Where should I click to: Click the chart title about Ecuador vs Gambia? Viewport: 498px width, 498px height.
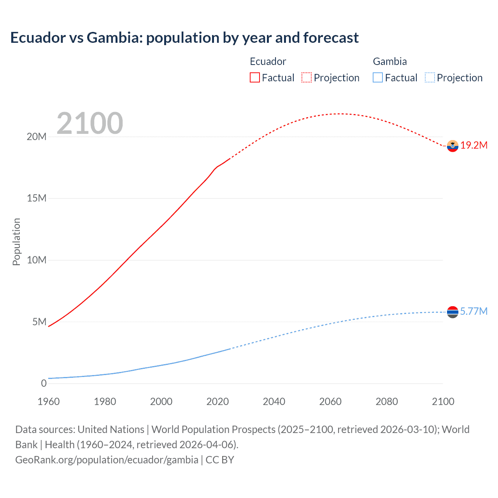point(184,38)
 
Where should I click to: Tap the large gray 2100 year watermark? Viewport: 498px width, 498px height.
point(90,123)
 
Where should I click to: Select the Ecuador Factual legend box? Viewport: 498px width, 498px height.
point(254,77)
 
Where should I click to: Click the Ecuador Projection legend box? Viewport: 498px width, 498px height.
point(307,77)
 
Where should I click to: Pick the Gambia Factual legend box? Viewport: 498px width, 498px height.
point(378,77)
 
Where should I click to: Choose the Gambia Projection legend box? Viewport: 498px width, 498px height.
point(430,77)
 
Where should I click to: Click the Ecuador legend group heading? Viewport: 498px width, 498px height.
point(268,61)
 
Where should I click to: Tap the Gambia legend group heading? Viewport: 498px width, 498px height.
point(390,61)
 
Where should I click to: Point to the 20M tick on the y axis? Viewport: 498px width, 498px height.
point(37,137)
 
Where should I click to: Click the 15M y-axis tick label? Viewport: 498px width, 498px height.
point(37,198)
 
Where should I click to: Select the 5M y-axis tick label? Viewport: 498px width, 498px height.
point(39,322)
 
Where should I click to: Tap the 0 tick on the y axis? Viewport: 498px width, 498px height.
point(44,383)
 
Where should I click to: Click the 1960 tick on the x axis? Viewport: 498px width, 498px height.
point(49,402)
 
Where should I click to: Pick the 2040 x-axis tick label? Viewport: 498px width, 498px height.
point(274,402)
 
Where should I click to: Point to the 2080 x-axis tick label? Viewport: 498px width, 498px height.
point(387,402)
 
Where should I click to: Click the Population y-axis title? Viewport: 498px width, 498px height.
point(16,242)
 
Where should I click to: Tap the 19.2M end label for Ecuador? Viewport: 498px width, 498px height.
point(474,145)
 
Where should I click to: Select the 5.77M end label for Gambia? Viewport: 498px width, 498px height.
point(474,311)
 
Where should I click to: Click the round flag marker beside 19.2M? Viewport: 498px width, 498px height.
point(452,146)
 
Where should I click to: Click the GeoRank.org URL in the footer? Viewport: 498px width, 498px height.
point(107,459)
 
